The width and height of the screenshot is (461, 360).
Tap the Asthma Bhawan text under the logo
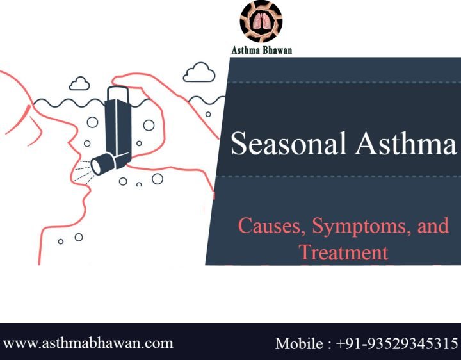261,50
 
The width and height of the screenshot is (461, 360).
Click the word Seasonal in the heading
286,143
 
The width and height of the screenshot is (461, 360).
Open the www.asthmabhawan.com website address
88,343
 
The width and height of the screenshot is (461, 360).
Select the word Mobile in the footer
300,343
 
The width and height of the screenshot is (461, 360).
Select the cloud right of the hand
199,72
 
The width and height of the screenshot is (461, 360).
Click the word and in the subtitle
433,226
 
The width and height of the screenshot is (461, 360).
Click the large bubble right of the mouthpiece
157,179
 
